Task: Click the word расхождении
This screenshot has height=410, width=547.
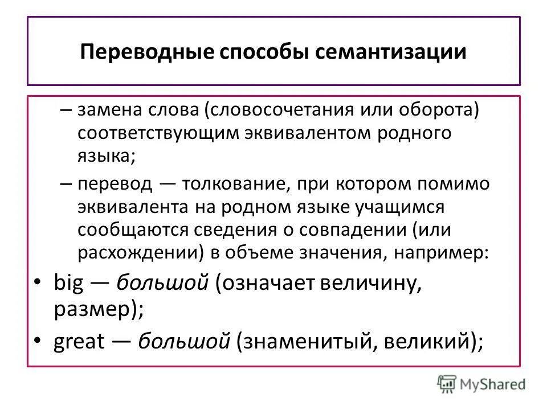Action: click(137, 253)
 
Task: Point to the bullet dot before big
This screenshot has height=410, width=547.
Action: click(37, 283)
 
